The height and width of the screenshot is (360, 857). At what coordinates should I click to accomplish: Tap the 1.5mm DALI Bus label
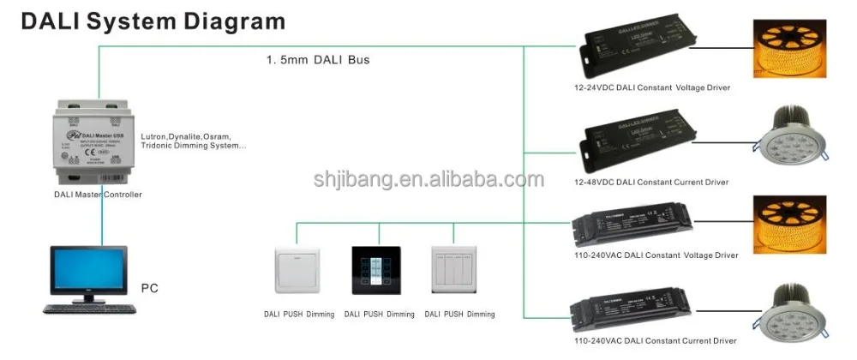click(x=318, y=61)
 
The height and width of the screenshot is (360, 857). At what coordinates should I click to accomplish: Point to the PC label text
click(x=150, y=289)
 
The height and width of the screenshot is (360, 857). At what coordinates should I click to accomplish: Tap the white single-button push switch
click(x=296, y=272)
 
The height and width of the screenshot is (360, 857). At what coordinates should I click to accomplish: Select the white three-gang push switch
click(x=453, y=272)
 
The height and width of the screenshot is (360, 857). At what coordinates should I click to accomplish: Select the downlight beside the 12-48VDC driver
click(x=794, y=137)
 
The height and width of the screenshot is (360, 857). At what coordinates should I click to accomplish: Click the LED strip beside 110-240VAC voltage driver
click(x=793, y=225)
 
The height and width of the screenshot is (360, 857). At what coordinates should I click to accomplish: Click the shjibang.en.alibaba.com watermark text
click(x=428, y=180)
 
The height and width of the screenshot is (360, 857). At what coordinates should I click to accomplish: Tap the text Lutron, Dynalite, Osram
click(x=193, y=135)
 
